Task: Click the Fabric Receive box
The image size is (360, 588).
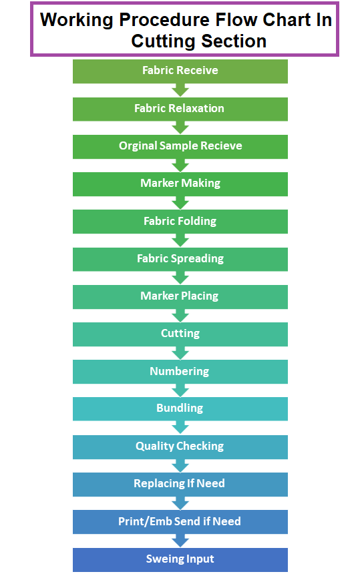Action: point(180,71)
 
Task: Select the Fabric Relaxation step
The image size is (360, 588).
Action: point(180,109)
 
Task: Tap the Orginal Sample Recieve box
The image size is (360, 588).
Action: point(180,147)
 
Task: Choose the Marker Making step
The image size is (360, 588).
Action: point(180,184)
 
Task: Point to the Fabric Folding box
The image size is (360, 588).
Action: point(180,222)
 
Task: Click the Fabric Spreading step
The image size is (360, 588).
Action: point(180,259)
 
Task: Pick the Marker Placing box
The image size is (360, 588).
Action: point(180,297)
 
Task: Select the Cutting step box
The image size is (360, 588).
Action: point(180,334)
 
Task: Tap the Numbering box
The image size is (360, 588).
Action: point(180,372)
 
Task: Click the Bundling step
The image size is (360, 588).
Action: point(180,408)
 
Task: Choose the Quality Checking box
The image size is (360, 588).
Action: point(180,447)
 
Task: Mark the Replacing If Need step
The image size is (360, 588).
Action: point(180,485)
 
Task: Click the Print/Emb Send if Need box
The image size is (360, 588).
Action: point(180,522)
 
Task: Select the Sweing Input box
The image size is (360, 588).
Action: point(180,560)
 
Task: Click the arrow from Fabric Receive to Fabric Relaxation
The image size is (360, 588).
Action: point(180,90)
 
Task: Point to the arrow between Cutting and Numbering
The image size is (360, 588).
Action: point(180,353)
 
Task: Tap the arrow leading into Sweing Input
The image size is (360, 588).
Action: point(180,541)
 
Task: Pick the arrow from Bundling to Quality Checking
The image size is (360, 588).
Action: point(180,428)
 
